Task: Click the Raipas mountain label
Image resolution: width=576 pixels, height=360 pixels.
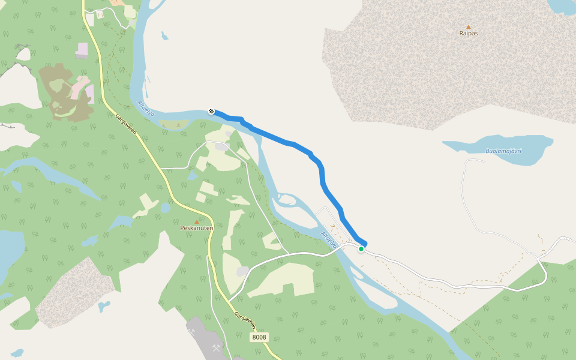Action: [x=469, y=34]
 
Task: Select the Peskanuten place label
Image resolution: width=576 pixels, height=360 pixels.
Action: [x=197, y=228]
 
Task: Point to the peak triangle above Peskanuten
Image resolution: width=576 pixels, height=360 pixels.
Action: [x=197, y=221]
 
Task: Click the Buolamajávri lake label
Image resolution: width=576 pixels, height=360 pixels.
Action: [x=504, y=151]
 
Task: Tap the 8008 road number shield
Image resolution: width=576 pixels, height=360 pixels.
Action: [x=259, y=337]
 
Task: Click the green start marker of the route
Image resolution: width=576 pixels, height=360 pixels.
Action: [x=361, y=248]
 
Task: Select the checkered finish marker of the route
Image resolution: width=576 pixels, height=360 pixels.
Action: [x=211, y=111]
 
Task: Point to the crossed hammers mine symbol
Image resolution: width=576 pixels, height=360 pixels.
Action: [x=216, y=347]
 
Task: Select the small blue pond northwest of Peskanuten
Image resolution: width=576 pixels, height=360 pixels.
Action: [x=165, y=208]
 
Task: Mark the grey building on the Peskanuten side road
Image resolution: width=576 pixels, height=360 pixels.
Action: [x=222, y=146]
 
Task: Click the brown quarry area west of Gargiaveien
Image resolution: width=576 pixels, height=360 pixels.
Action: [x=63, y=93]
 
